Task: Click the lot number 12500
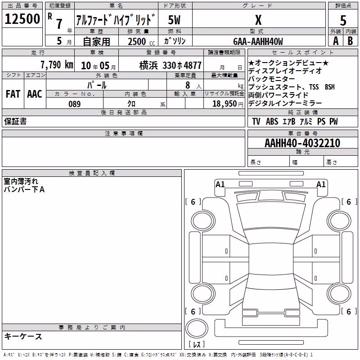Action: [22, 19]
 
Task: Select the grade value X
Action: [258, 20]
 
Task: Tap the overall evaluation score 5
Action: [343, 20]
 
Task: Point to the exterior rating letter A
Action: [336, 41]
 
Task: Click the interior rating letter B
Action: [350, 41]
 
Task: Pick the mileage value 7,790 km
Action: [57, 65]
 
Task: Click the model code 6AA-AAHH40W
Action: [258, 41]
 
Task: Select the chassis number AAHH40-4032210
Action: [302, 143]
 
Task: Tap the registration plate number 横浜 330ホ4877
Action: [171, 66]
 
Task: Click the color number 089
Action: [75, 104]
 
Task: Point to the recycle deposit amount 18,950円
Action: [228, 104]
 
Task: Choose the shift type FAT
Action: [13, 94]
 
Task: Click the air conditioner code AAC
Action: [35, 94]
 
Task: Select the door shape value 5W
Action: [174, 20]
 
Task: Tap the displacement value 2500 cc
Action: [141, 41]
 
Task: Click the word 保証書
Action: [15, 121]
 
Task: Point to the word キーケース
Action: [23, 336]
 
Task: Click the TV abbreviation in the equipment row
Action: [256, 121]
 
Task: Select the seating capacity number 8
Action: [188, 85]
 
